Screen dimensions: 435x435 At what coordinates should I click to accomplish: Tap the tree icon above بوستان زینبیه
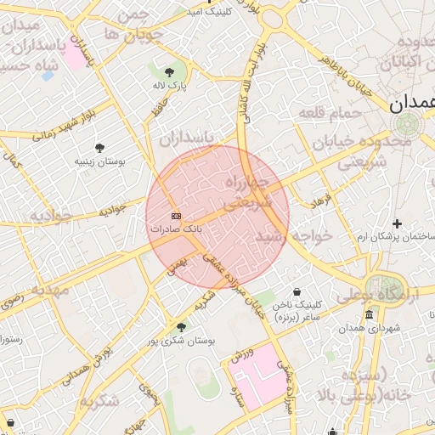click(99, 148)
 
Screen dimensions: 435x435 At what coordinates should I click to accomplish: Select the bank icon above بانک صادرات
click(176, 216)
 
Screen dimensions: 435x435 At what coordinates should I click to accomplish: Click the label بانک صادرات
click(177, 229)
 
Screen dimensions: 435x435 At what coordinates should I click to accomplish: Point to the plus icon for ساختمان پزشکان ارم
click(396, 223)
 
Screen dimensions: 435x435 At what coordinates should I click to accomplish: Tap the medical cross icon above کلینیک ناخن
click(296, 291)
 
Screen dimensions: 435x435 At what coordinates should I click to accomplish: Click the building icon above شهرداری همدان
click(368, 315)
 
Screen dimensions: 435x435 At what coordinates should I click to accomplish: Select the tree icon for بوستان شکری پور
click(180, 327)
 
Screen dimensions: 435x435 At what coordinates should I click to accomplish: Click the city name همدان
click(412, 104)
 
